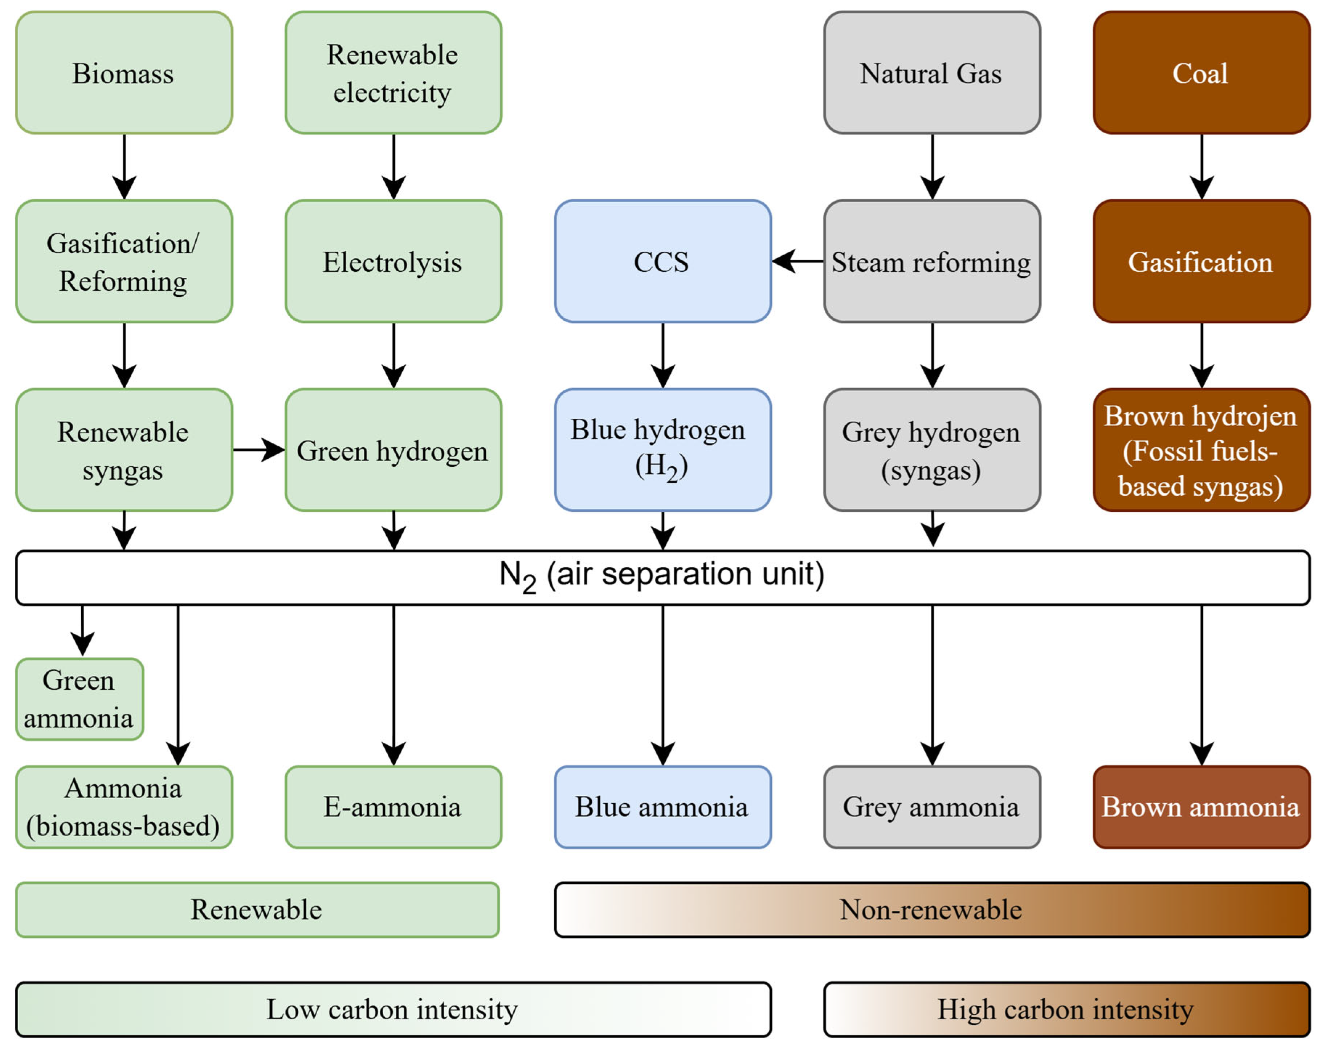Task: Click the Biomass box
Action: [124, 73]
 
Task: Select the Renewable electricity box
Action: [393, 73]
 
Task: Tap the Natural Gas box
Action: [932, 73]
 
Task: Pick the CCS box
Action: [662, 261]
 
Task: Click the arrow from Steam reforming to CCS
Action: [798, 261]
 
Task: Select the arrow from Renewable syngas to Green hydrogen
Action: [259, 450]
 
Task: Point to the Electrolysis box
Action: [393, 261]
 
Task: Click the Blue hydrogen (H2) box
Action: [662, 450]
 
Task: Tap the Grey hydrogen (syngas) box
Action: [932, 450]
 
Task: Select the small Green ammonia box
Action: [79, 699]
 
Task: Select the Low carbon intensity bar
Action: [393, 1010]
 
